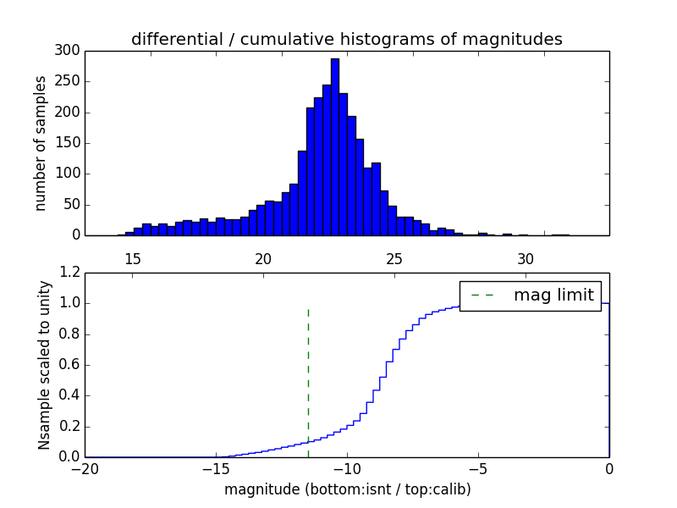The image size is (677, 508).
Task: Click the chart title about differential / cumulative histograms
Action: coord(347,39)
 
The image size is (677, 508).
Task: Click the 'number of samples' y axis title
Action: coord(41,143)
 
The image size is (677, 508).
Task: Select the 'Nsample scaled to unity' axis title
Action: coord(44,365)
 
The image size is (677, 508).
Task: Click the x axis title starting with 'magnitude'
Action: coord(347,489)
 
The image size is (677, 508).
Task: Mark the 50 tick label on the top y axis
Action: coord(73,205)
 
